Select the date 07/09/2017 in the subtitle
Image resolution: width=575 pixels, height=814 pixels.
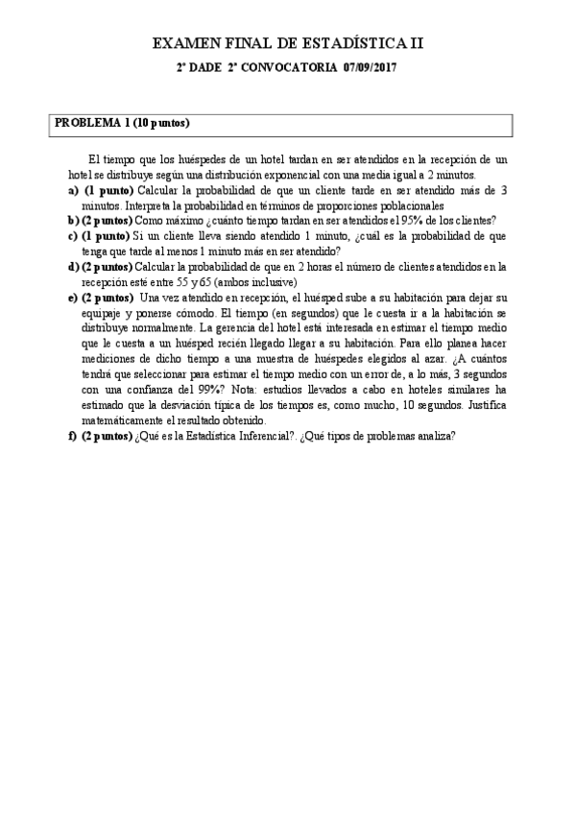point(370,68)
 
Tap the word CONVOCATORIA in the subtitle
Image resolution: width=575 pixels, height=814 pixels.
point(288,68)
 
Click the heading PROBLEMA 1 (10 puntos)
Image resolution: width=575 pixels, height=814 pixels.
point(122,123)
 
